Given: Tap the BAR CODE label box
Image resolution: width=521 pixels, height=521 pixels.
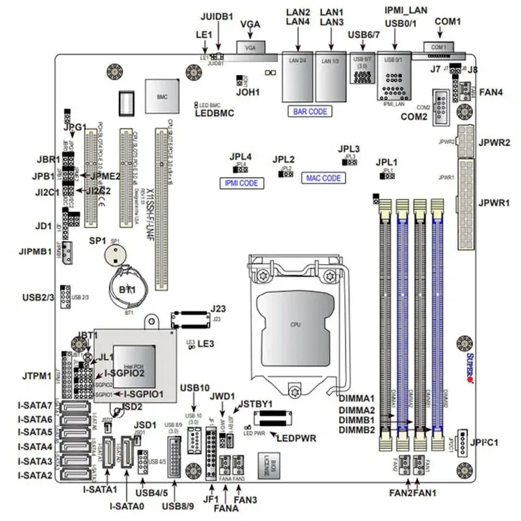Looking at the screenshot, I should click(310, 111).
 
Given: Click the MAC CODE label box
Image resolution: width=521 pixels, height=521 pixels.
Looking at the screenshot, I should click(324, 178).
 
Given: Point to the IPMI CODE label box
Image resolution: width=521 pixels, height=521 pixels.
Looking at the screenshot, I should click(240, 184).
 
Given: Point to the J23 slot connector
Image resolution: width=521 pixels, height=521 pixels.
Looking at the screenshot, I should click(190, 319).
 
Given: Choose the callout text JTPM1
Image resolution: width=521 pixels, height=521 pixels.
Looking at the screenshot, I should click(36, 376).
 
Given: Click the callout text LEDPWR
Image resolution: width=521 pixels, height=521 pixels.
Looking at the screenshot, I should click(298, 438).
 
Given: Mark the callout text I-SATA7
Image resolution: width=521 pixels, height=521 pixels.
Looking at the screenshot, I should click(35, 406).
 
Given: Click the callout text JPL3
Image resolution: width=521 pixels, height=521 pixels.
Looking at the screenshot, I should click(350, 148).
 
